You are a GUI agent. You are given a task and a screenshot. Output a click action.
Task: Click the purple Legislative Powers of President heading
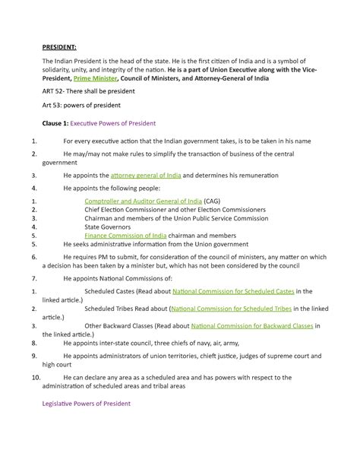[x=86, y=404]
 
